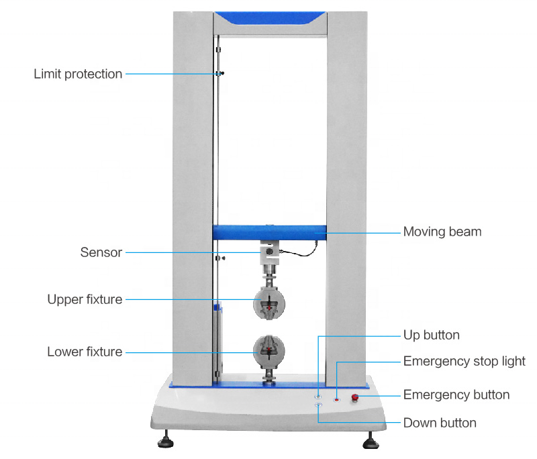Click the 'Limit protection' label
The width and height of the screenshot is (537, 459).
(x=78, y=74)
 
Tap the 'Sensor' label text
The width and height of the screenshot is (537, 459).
(x=101, y=252)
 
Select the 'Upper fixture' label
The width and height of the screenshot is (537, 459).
(x=85, y=299)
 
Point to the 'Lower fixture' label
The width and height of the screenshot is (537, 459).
(x=85, y=352)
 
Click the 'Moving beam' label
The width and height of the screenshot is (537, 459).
(x=442, y=232)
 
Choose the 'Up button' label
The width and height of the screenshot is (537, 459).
(x=431, y=335)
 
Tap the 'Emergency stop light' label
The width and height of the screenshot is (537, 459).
(x=464, y=362)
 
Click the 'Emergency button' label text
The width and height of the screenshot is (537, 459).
(x=456, y=395)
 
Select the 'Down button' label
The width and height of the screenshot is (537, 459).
(x=440, y=423)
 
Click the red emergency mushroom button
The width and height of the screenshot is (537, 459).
(x=355, y=398)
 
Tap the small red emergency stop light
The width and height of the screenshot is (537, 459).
(x=337, y=399)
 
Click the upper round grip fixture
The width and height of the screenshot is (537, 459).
(x=269, y=303)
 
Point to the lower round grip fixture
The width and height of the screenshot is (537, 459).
(x=269, y=351)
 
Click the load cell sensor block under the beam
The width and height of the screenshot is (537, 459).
(x=270, y=252)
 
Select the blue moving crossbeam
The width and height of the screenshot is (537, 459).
(x=270, y=232)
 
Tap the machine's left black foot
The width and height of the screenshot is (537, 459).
(x=166, y=441)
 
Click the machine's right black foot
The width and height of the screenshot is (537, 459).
(x=371, y=442)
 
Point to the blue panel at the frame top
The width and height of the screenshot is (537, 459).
(x=270, y=17)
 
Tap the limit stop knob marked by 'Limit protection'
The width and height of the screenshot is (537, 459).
(x=222, y=73)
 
